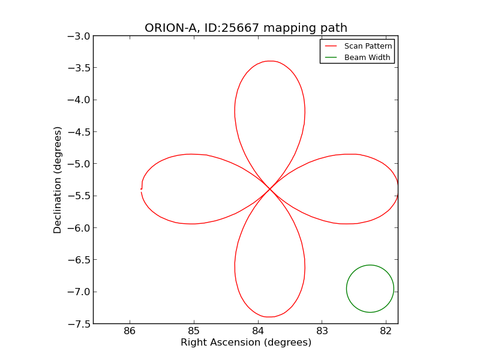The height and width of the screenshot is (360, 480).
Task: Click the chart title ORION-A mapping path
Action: tap(246, 28)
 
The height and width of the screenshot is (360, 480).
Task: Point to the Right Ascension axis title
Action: tap(246, 343)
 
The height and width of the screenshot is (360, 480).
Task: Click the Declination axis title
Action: tap(58, 180)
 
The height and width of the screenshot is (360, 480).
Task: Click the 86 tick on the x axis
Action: tap(130, 331)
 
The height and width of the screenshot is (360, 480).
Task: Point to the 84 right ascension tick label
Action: tap(258, 331)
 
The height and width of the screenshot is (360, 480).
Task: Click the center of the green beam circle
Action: tap(370, 289)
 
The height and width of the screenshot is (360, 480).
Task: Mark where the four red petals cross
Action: tap(269, 189)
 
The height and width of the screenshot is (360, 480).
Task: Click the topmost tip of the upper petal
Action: tap(271, 61)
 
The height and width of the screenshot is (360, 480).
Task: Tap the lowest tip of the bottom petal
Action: tap(270, 317)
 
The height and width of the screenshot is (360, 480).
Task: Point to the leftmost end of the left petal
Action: tap(142, 188)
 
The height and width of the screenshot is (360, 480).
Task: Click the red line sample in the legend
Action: tap(331, 46)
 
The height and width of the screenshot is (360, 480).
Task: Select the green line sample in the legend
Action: tap(331, 58)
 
